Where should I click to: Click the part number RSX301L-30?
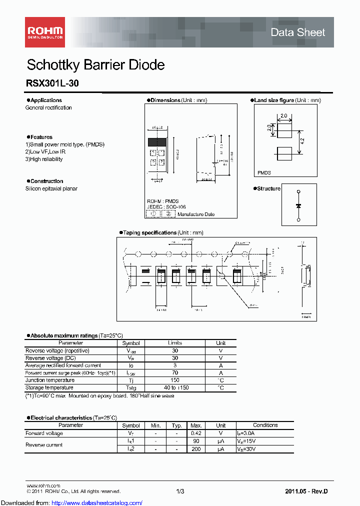tap(52, 84)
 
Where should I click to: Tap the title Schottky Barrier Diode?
tap(95, 65)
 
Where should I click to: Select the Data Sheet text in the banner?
tap(297, 32)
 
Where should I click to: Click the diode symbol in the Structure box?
tap(298, 205)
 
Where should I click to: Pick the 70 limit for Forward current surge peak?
tap(175, 372)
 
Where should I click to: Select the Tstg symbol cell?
tap(131, 387)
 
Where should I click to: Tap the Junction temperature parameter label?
tap(49, 380)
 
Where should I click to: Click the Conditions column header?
tap(265, 425)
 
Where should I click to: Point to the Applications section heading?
tap(46, 100)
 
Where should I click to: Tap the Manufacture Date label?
tap(196, 214)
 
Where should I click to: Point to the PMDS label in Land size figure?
tap(264, 172)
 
